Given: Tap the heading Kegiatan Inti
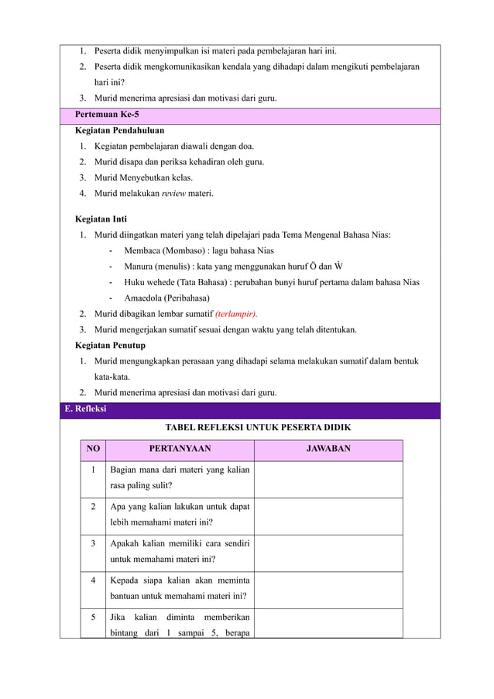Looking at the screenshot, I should pyautogui.click(x=101, y=219).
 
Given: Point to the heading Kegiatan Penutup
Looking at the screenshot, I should pyautogui.click(x=109, y=345).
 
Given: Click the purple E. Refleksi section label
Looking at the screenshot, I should pyautogui.click(x=85, y=410).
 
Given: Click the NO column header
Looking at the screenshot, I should pyautogui.click(x=93, y=449).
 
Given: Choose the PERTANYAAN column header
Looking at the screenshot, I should pyautogui.click(x=180, y=449).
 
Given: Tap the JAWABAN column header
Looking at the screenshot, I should pyautogui.click(x=328, y=449).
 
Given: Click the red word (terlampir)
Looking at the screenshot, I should pyautogui.click(x=236, y=314).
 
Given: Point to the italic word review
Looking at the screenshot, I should pyautogui.click(x=174, y=193).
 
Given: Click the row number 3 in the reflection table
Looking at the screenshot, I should pyautogui.click(x=93, y=544).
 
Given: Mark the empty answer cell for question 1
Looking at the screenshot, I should pyautogui.click(x=328, y=479).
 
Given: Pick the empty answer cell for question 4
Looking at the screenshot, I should pyautogui.click(x=328, y=590).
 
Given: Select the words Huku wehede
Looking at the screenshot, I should pyautogui.click(x=150, y=282).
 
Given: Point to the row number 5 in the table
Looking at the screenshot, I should pyautogui.click(x=93, y=618).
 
